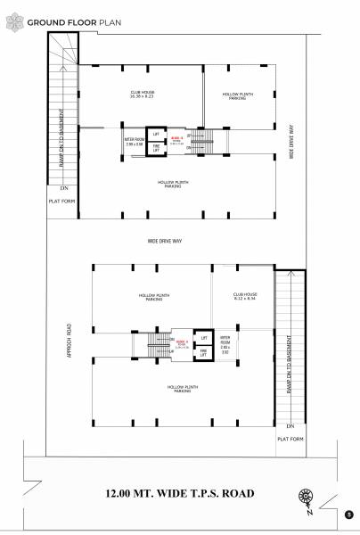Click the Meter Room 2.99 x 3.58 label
coord(134,141)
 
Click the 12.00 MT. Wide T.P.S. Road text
coord(179,493)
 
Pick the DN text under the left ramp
coord(63,189)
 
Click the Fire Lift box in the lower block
coord(203,353)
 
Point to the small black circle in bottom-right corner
coord(348,514)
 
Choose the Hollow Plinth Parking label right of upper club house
coord(236,96)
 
